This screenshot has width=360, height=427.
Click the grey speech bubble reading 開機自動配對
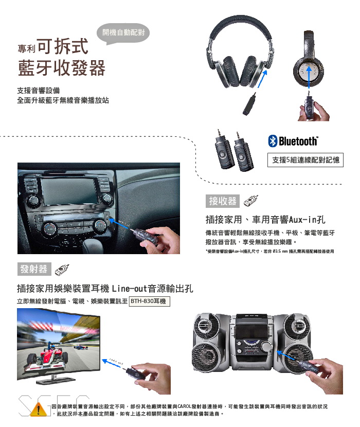tap(123, 34)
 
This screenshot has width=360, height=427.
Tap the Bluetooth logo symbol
tap(273, 141)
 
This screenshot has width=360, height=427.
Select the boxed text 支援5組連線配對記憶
tap(305, 160)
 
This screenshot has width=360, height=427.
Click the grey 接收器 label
tap(223, 201)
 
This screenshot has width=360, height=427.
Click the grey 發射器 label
tap(34, 269)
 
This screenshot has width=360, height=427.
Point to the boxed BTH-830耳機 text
tap(150, 301)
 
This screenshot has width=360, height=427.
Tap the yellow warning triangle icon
tap(39, 410)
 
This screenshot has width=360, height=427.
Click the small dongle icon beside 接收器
tap(251, 201)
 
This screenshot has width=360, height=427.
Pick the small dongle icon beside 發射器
tap(62, 270)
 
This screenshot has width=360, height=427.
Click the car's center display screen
tap(70, 191)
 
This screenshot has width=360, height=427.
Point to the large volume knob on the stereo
tap(265, 347)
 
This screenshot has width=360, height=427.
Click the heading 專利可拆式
tap(53, 46)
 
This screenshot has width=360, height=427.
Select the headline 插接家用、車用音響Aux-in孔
tap(265, 220)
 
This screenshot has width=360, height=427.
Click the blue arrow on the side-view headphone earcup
tap(309, 77)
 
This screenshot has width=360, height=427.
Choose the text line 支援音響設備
tap(39, 91)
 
